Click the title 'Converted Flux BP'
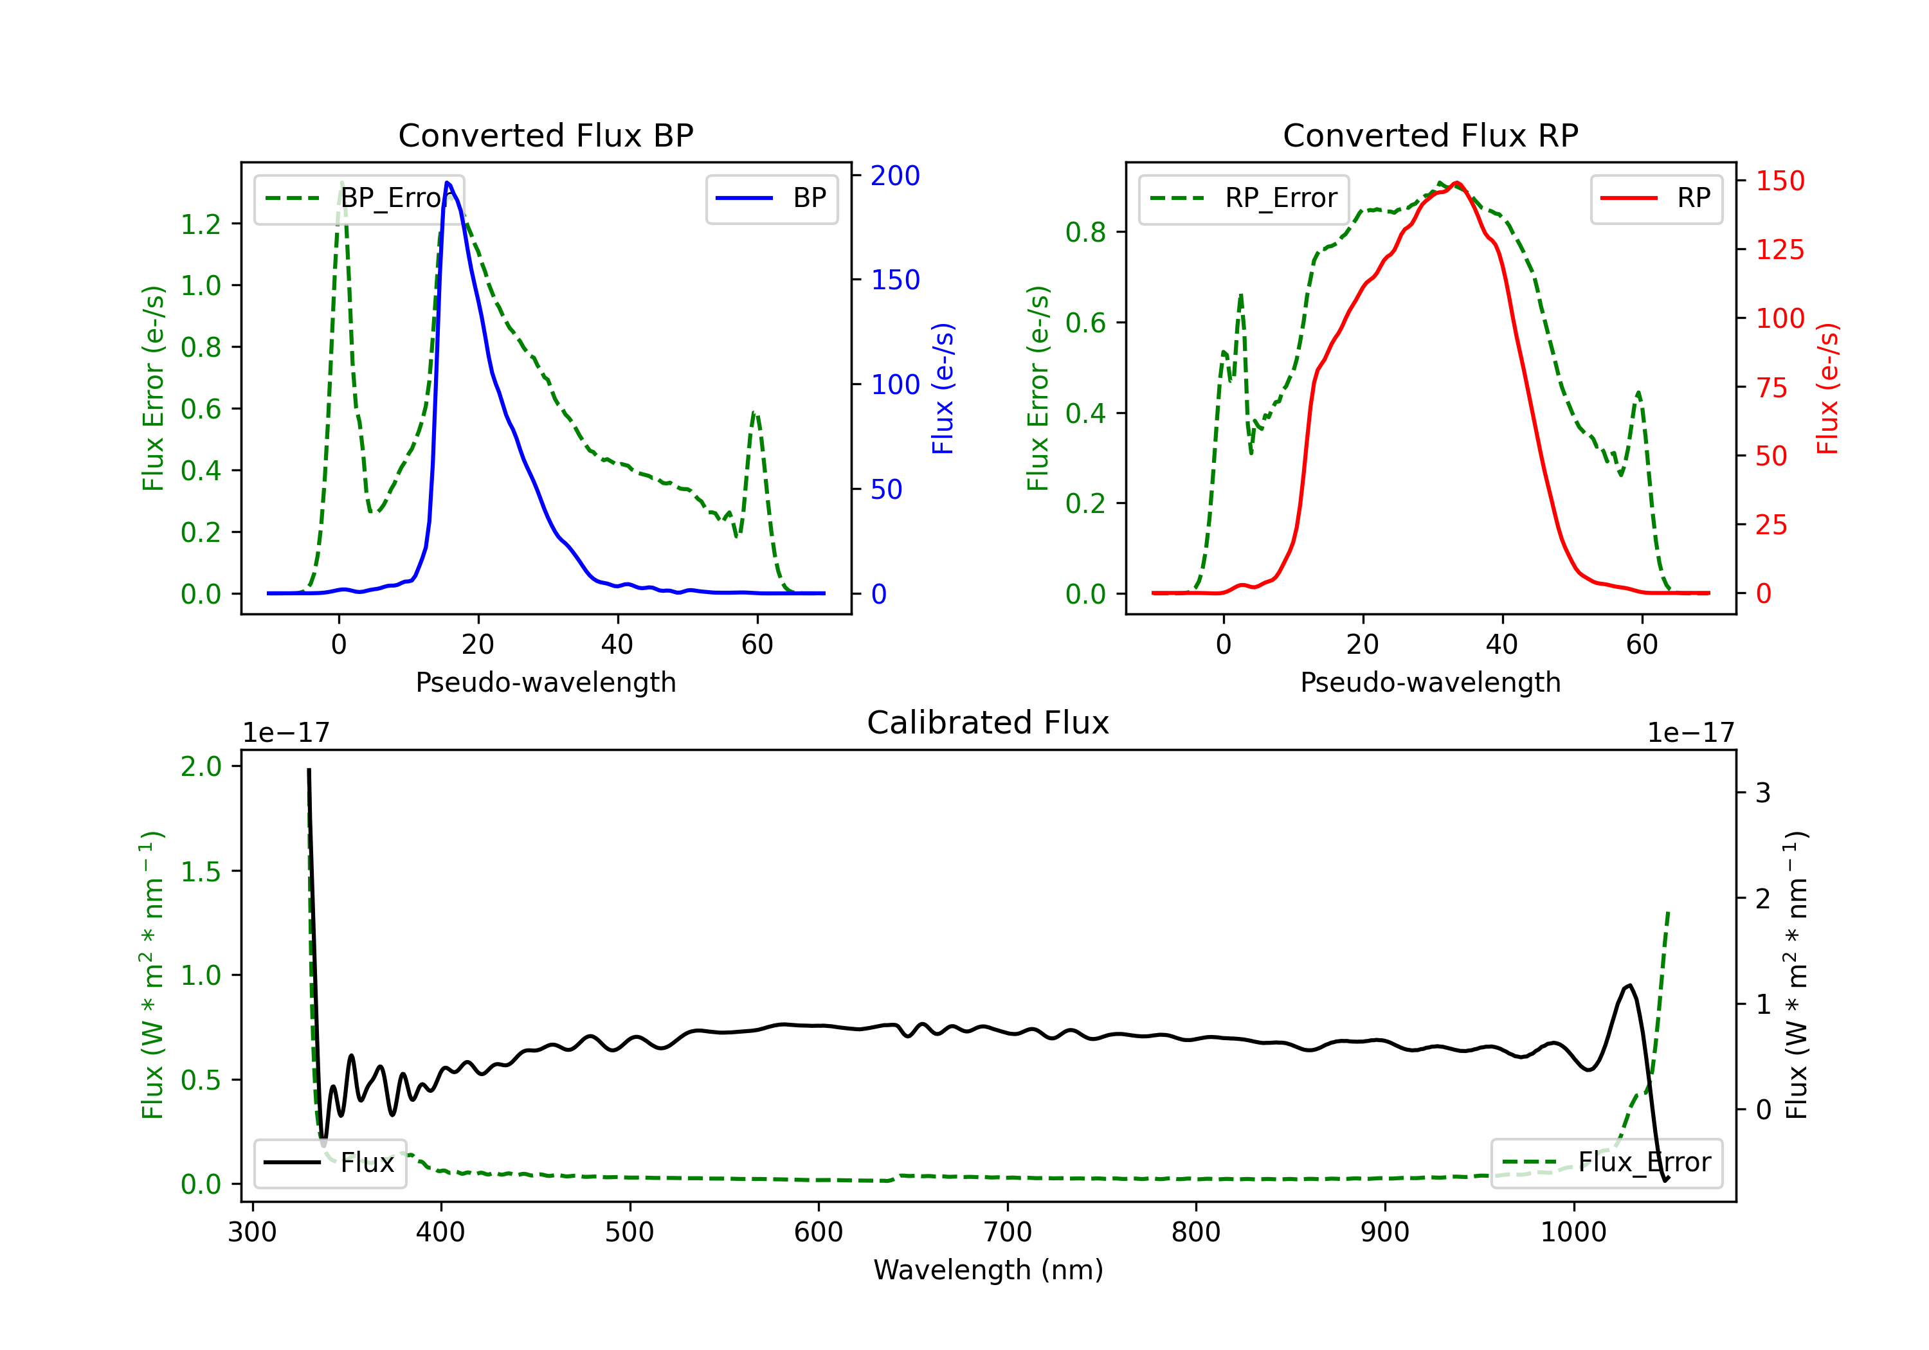pos(545,135)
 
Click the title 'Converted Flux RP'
pos(1430,135)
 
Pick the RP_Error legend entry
pos(1244,198)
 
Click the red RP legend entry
pos(1656,198)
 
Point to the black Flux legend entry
pos(331,1163)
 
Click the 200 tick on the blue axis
pos(895,175)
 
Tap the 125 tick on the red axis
pos(1779,249)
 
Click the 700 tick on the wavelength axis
pos(1008,1232)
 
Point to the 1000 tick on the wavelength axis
pos(1573,1232)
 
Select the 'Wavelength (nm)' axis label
pos(988,1270)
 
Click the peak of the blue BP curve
pos(447,183)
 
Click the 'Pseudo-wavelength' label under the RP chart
pos(1430,682)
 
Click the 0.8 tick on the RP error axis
pos(1085,232)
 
